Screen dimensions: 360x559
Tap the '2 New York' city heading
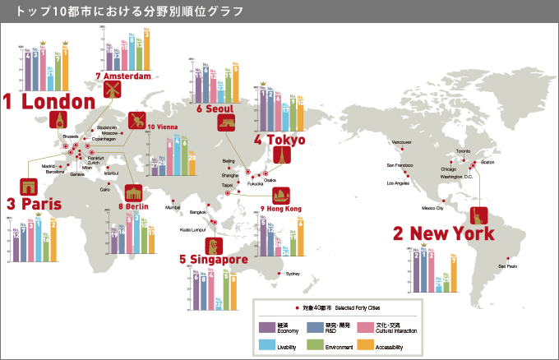coord(444,233)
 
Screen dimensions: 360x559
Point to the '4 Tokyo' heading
coord(280,141)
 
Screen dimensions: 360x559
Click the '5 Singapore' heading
coord(214,260)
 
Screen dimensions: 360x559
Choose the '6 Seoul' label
coord(215,108)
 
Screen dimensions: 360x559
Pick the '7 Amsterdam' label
coord(124,76)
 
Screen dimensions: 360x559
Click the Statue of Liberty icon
coord(478,215)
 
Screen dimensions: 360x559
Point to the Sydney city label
coord(293,273)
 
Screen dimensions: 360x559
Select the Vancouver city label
coord(402,142)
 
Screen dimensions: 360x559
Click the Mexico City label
coord(432,208)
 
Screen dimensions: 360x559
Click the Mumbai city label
coord(173,207)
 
